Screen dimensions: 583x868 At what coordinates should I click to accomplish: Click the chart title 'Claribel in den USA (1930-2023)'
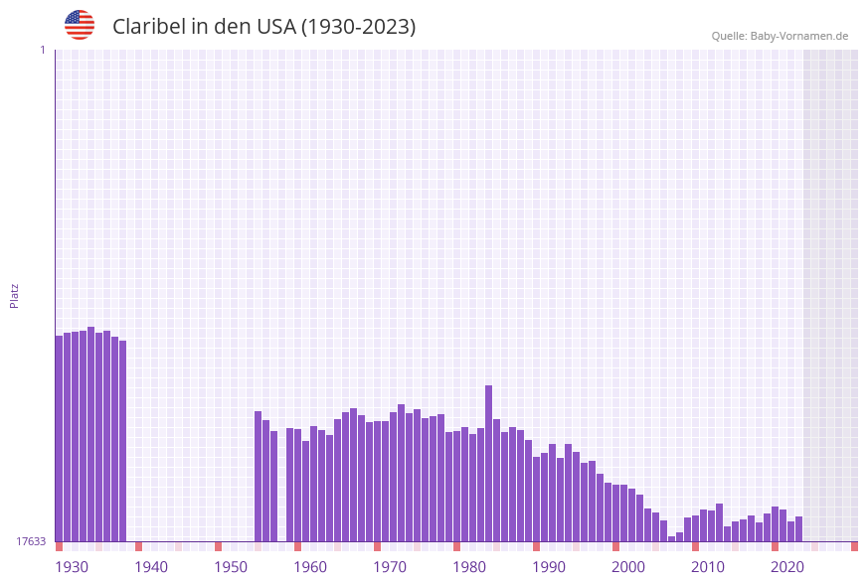(263, 27)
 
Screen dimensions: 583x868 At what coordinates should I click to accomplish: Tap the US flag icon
(80, 25)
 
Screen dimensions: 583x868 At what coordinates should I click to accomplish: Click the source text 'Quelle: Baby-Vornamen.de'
(780, 36)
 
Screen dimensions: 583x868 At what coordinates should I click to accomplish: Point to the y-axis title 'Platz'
(15, 295)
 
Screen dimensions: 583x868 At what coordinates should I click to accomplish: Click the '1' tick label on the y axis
(43, 50)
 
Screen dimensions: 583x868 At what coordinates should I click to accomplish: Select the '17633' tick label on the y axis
(31, 541)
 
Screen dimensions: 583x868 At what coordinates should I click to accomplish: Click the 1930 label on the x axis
(72, 567)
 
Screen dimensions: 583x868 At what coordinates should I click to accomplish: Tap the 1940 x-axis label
(151, 567)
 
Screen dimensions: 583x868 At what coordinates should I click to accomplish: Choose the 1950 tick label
(231, 567)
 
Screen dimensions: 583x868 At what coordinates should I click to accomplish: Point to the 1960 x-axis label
(310, 567)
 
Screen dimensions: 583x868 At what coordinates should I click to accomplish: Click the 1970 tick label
(390, 567)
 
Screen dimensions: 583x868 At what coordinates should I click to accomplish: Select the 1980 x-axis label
(469, 567)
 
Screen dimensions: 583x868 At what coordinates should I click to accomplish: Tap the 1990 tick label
(549, 567)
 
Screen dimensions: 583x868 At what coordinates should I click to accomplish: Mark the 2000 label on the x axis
(628, 567)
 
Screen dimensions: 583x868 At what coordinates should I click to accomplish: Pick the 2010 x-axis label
(708, 567)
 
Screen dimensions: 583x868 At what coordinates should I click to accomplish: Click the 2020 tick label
(787, 567)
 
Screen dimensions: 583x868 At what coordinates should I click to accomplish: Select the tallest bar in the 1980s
(489, 463)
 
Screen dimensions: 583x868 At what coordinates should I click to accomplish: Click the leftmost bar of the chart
(59, 438)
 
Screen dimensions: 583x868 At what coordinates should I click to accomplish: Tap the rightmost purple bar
(798, 528)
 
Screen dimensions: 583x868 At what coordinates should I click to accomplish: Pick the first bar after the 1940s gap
(258, 476)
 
